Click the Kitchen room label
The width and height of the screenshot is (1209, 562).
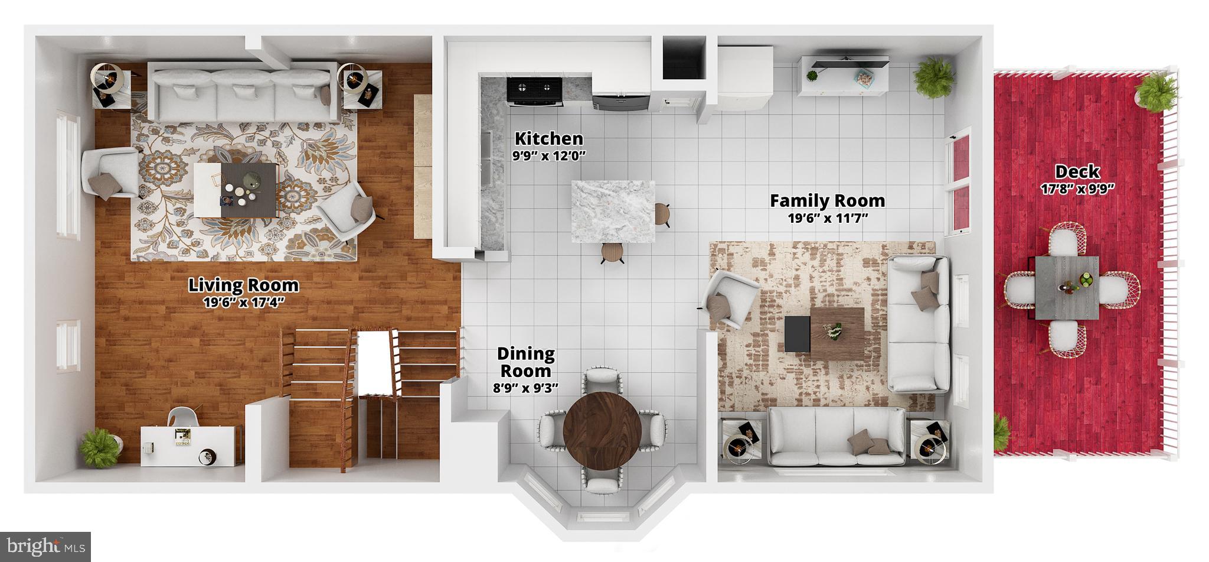(548, 139)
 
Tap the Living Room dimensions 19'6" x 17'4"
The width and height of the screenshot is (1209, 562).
(243, 303)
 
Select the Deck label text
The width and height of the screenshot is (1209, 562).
(1077, 173)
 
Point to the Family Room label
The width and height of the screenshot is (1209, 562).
(827, 201)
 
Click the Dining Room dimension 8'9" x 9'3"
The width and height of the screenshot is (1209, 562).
(525, 388)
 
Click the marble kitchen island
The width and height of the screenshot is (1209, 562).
(613, 212)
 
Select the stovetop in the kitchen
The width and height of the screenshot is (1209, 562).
(534, 91)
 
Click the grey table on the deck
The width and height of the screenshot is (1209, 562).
(1067, 288)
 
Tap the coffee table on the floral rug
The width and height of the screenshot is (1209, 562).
(236, 189)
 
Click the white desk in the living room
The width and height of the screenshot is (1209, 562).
(190, 445)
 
